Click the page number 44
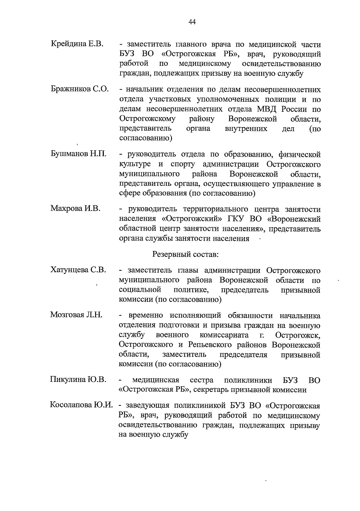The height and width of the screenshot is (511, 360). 192,22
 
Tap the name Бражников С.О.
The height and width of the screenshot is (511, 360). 80,89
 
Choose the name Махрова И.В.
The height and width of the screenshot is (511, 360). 75,208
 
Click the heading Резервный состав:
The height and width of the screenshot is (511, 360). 185,255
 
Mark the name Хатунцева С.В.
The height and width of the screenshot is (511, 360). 78,270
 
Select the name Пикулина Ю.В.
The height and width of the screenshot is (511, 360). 78,379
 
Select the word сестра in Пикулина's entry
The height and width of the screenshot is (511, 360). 202,380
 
